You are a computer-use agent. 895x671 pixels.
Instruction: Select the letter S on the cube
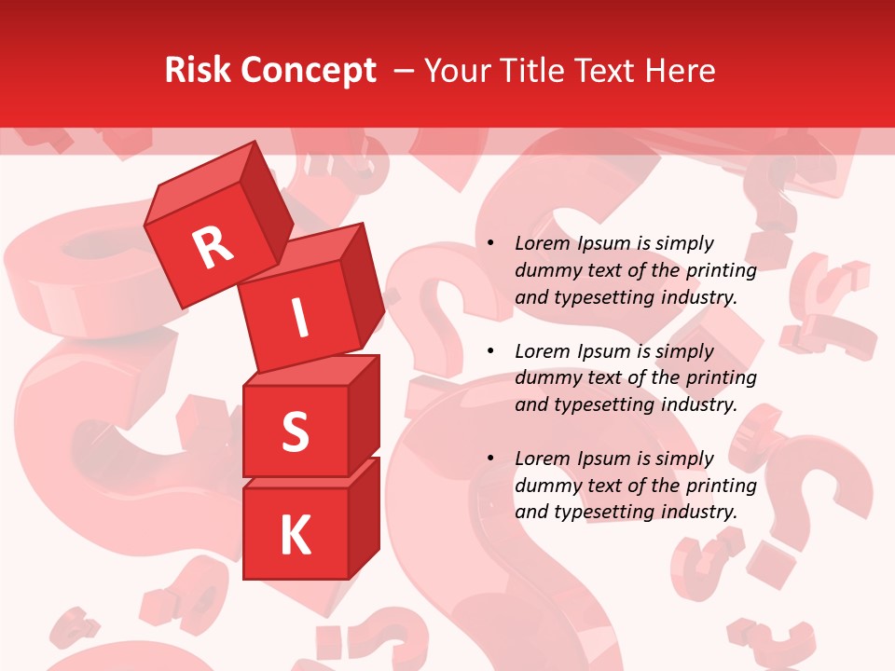coord(295,431)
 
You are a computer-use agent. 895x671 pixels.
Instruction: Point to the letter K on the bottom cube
coord(295,535)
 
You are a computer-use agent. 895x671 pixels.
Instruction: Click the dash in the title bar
coord(405,71)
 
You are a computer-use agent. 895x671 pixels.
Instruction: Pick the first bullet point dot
coord(491,244)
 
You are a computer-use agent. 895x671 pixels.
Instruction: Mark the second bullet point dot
coord(491,352)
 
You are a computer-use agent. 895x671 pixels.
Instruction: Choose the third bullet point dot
coord(491,459)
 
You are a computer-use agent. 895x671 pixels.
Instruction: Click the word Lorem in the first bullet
coord(542,244)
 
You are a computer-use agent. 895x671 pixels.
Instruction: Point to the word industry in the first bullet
coord(698,298)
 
